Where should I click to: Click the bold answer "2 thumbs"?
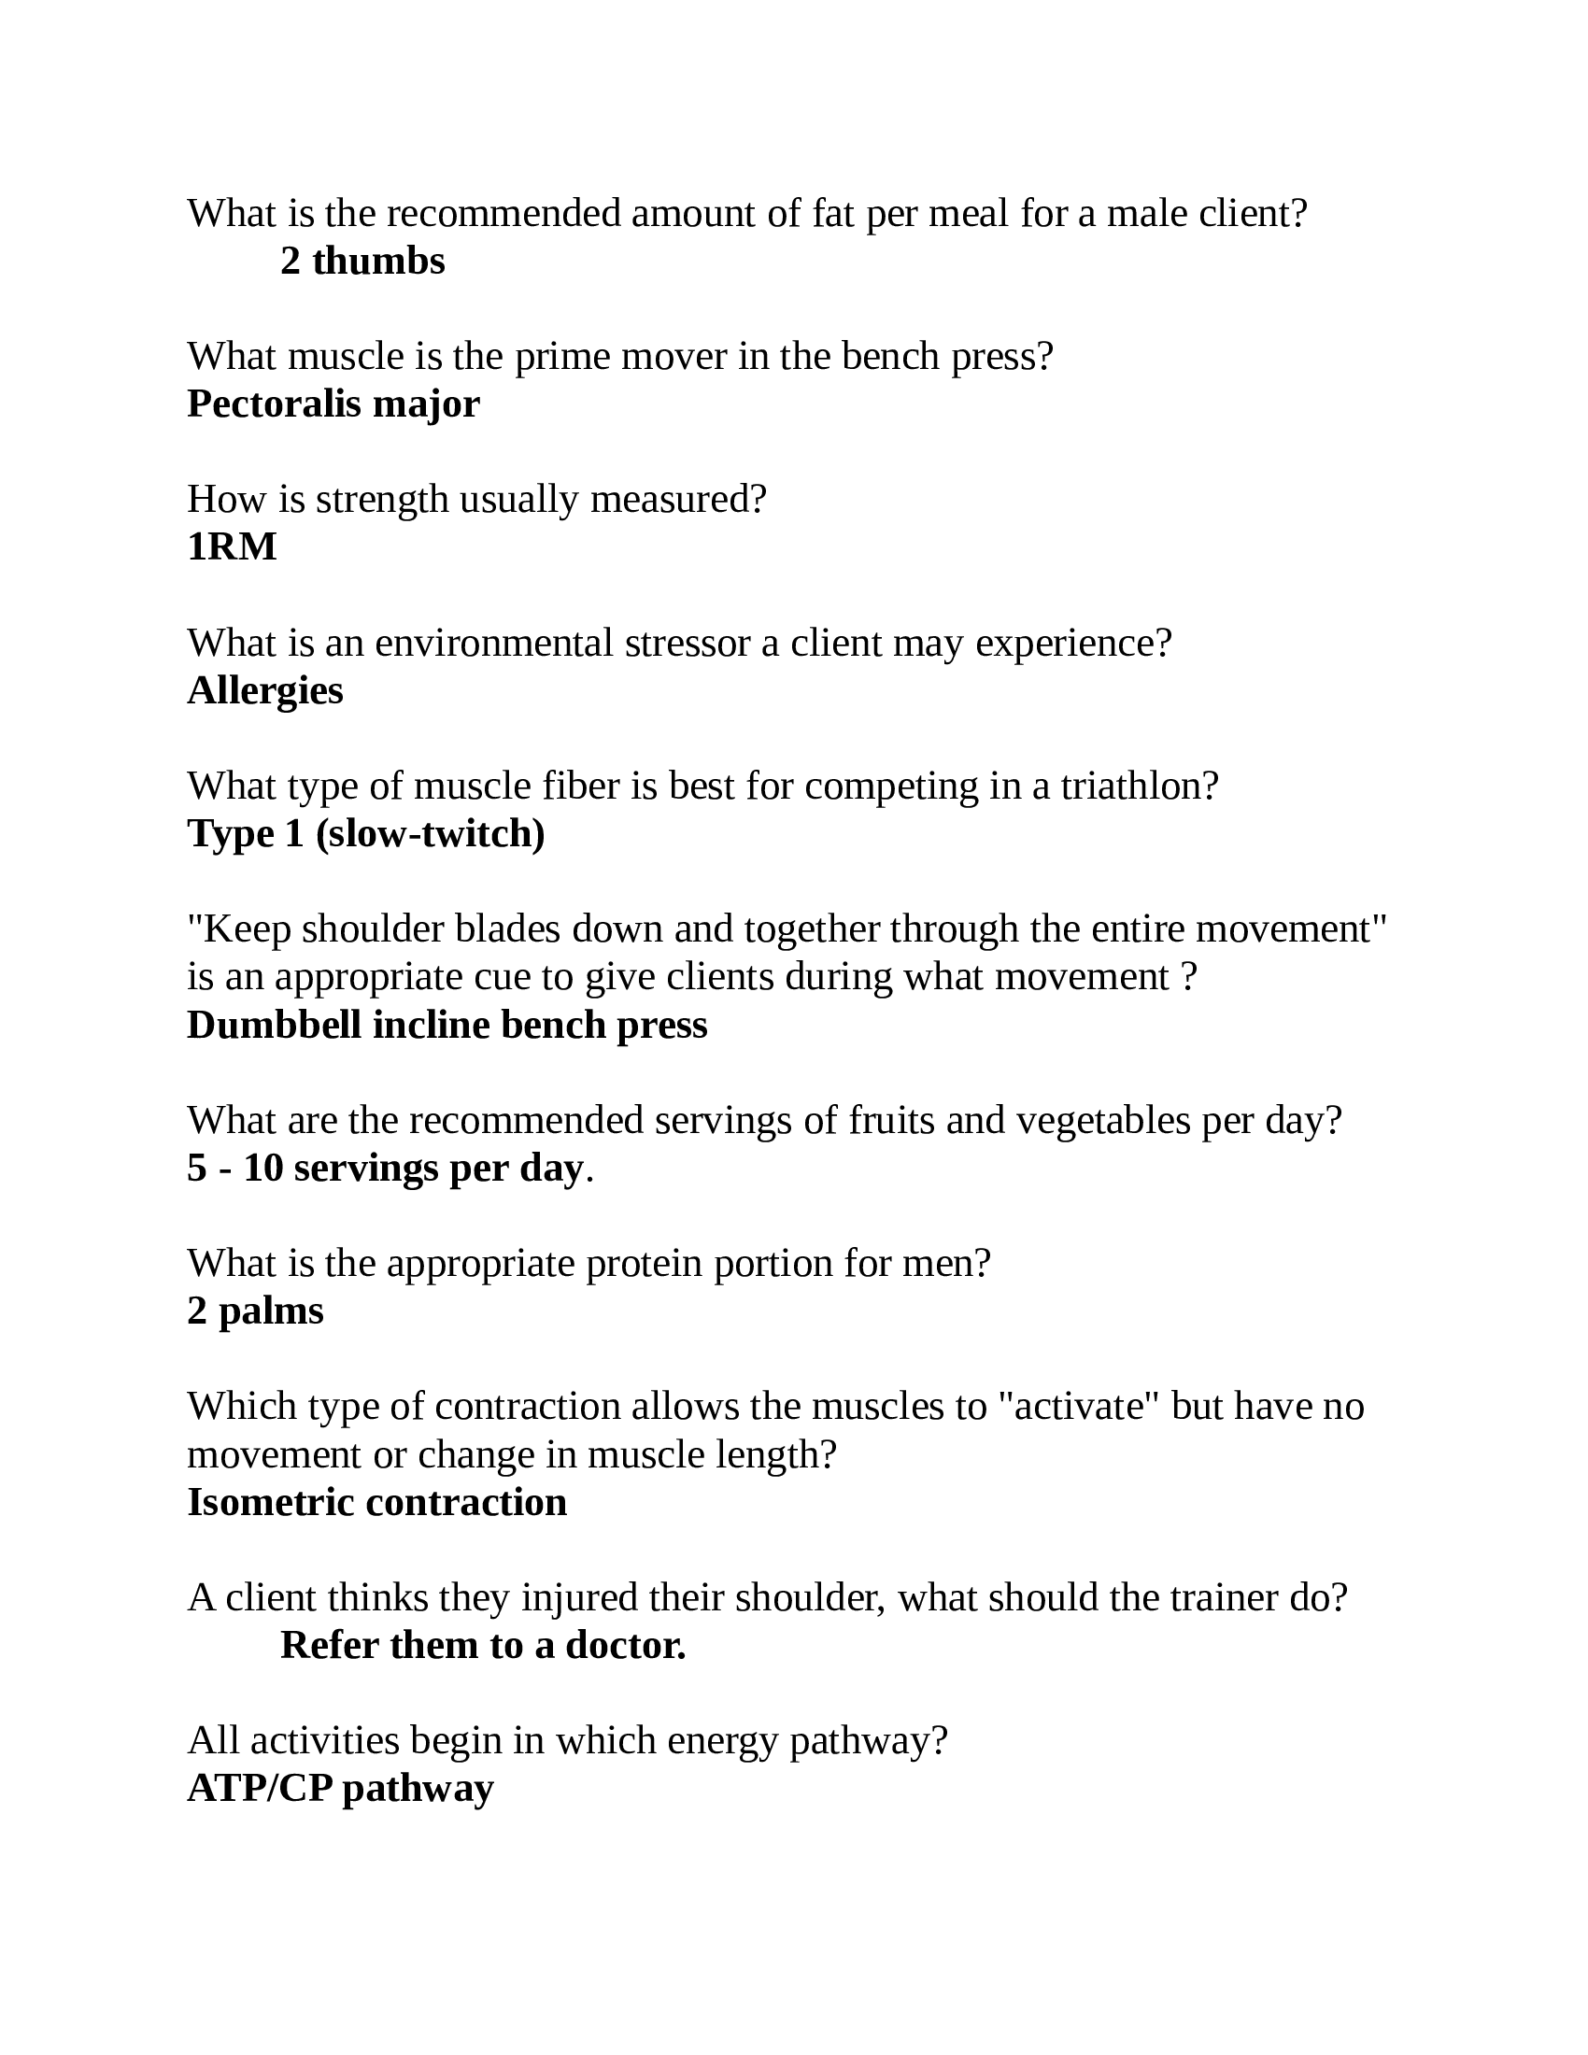click(x=362, y=262)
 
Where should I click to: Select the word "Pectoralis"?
click(x=274, y=404)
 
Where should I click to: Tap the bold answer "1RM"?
click(x=232, y=546)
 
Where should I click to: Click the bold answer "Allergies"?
click(x=265, y=690)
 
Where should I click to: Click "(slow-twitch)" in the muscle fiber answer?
click(x=430, y=833)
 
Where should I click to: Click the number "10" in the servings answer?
click(x=263, y=1169)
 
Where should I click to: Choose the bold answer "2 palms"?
click(x=255, y=1311)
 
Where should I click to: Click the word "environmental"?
click(x=494, y=644)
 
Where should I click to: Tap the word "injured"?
click(x=573, y=1597)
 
